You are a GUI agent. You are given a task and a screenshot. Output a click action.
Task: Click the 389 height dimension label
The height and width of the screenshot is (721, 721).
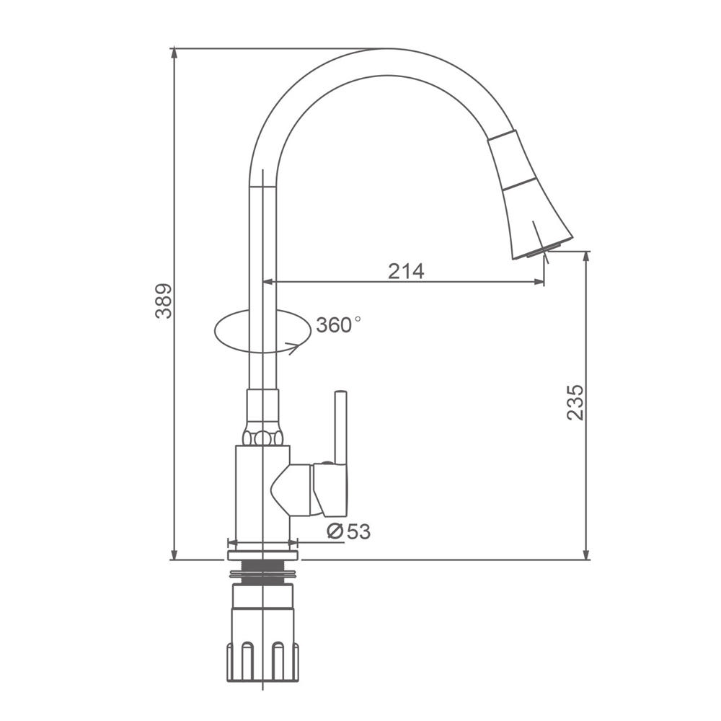tap(164, 301)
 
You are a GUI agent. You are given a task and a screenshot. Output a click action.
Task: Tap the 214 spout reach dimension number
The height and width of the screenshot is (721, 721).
tap(406, 271)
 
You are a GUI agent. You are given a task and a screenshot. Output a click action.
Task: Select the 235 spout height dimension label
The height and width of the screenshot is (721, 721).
tap(575, 402)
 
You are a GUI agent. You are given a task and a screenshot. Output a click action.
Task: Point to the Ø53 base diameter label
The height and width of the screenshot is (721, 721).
tap(348, 531)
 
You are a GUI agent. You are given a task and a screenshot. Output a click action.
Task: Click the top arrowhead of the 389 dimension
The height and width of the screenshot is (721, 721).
tap(174, 53)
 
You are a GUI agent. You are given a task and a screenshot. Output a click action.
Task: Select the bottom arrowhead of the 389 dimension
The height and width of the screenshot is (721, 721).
tap(174, 554)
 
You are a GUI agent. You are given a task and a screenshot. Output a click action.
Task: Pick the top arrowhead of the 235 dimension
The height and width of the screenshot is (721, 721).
tap(585, 257)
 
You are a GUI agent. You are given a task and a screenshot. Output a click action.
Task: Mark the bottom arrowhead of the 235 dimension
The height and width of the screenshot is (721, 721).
tap(585, 554)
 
